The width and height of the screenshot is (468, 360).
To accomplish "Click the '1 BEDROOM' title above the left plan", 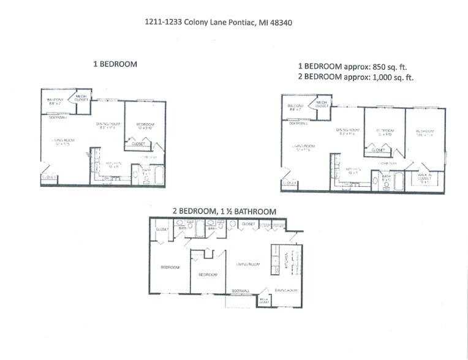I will click(x=115, y=63).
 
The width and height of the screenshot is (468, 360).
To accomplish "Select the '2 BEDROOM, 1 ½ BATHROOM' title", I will click(x=224, y=211).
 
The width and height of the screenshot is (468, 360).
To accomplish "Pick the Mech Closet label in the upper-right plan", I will click(x=322, y=103).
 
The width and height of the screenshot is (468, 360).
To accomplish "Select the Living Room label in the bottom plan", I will click(x=247, y=264).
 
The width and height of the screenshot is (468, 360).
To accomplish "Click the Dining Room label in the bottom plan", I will click(x=285, y=290).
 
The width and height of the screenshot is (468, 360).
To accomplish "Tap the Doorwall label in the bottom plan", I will click(x=241, y=290).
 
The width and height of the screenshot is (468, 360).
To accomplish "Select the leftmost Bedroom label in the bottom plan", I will click(x=170, y=268).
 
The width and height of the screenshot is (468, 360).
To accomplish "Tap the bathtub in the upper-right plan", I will click(x=398, y=182).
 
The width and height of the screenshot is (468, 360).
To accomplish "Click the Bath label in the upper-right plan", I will click(x=387, y=178).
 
